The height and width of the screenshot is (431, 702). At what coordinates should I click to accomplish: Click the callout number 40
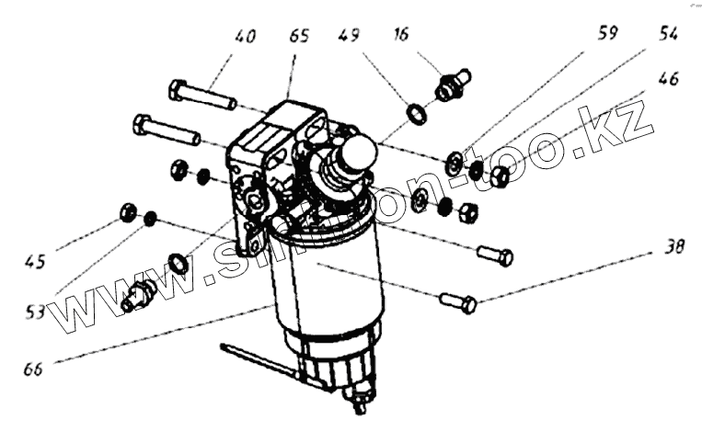pos(244,38)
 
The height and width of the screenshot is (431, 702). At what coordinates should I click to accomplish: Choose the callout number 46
pos(668,79)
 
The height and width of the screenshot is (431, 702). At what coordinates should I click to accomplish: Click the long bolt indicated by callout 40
pos(202,95)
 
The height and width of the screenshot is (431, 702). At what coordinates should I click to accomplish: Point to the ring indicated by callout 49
pos(417,114)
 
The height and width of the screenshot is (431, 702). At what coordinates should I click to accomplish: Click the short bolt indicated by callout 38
pos(458,301)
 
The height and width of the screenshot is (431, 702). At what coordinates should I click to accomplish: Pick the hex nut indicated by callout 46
pos(500,176)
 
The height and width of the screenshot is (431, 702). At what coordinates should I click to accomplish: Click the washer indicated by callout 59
pos(454,164)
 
